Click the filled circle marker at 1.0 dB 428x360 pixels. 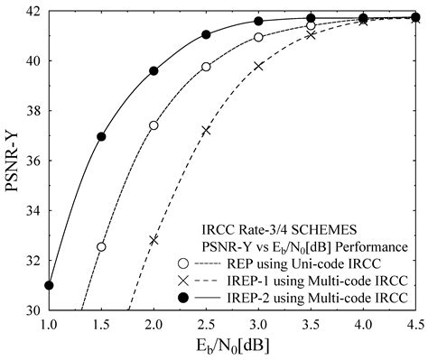pyautogui.click(x=49, y=285)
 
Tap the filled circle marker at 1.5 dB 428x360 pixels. pyautogui.click(x=101, y=137)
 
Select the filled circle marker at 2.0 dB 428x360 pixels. pyautogui.click(x=154, y=70)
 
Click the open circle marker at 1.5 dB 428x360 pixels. pyautogui.click(x=101, y=246)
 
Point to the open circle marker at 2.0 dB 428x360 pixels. pyautogui.click(x=154, y=125)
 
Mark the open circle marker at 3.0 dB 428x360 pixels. pyautogui.click(x=258, y=37)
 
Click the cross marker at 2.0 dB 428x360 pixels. pyautogui.click(x=154, y=240)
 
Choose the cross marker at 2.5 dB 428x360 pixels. pyautogui.click(x=206, y=130)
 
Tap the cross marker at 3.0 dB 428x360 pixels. pyautogui.click(x=258, y=66)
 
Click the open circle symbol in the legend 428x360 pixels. pyautogui.click(x=183, y=263)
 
